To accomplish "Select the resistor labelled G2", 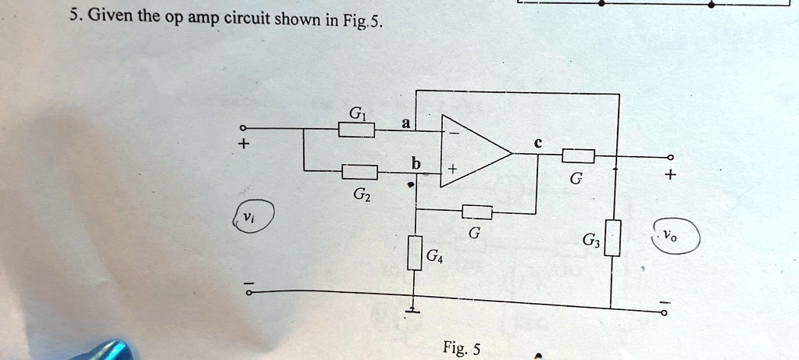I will (360, 172).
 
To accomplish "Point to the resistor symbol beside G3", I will (614, 238).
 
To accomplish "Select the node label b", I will (416, 164).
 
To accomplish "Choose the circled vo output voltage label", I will (671, 234).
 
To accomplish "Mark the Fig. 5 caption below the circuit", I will (461, 348).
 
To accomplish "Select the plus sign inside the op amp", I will (452, 168).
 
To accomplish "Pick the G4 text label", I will (434, 255).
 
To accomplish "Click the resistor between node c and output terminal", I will (579, 156).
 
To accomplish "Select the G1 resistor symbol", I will (356, 130).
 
